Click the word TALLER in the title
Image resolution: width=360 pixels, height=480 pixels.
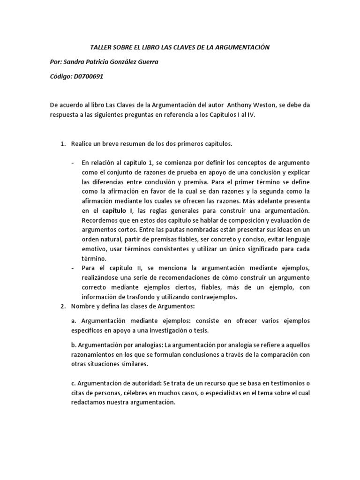coord(100,48)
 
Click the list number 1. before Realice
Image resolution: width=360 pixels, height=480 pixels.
coord(63,143)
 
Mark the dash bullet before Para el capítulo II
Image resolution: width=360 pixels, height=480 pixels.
coord(72,268)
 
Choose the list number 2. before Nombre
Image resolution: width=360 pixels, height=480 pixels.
coord(63,306)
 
